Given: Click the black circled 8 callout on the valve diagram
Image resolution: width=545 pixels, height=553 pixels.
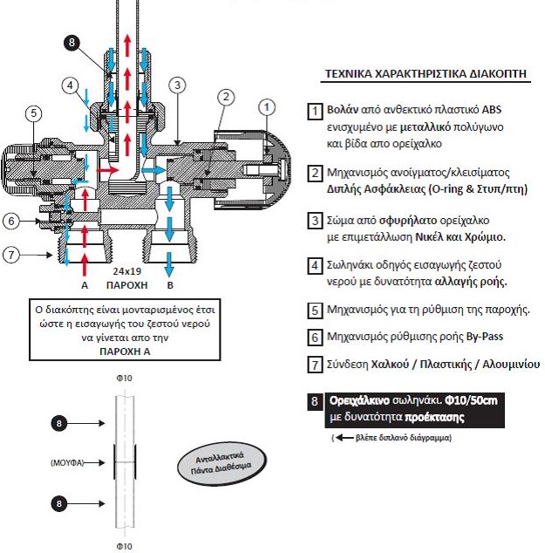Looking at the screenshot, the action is click(x=72, y=43).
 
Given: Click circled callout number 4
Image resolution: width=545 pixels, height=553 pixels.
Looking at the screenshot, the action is click(x=70, y=85).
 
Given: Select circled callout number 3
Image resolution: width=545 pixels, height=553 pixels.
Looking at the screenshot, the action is click(x=177, y=85).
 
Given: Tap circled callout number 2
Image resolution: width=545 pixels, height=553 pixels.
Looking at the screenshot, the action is click(x=226, y=97).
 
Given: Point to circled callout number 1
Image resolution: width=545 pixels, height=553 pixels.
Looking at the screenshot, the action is click(x=267, y=107).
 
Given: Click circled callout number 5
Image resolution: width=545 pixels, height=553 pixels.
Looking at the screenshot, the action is click(x=33, y=113).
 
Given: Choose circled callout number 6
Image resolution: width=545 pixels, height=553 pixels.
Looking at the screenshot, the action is click(x=11, y=222).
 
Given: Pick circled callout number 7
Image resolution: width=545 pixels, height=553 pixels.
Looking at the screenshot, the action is click(x=11, y=255).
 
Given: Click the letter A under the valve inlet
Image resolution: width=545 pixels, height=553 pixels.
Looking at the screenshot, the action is click(x=85, y=285).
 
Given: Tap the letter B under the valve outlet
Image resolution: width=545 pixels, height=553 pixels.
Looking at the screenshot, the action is click(x=170, y=285).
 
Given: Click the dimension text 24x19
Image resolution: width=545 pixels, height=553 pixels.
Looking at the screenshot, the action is click(x=127, y=271).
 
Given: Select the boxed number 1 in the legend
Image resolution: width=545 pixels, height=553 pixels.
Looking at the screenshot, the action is click(x=315, y=112).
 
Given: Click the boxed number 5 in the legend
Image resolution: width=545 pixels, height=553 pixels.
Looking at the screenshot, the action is click(x=315, y=311).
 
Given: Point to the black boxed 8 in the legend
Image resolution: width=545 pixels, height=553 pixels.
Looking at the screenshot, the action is click(x=315, y=401).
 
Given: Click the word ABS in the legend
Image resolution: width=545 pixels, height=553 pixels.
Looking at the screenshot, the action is click(x=492, y=109).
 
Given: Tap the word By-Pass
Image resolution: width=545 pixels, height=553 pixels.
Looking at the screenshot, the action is click(x=485, y=337).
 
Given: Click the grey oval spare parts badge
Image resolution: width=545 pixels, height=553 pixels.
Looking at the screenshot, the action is click(x=221, y=463).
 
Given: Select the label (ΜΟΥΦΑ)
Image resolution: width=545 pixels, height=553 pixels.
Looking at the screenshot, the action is click(x=67, y=462).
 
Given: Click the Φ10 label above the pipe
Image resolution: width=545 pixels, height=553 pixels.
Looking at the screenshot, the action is click(x=124, y=378).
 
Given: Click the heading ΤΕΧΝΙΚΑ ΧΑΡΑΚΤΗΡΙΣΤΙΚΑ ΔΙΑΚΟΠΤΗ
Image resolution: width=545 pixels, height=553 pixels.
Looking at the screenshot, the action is click(x=426, y=74).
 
